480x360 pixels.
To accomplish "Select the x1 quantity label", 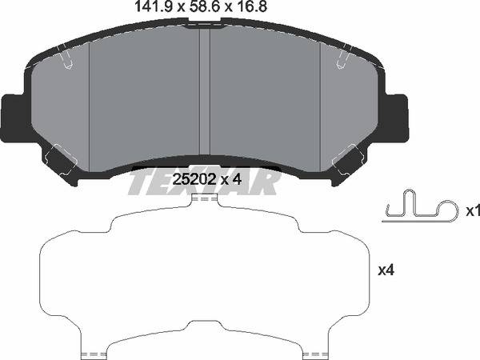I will click(472, 211).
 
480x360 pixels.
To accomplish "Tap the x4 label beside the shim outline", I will click(386, 271).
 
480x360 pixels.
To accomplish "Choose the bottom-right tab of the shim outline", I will click(314, 352).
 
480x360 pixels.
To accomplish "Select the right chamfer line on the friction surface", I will click(320, 104).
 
